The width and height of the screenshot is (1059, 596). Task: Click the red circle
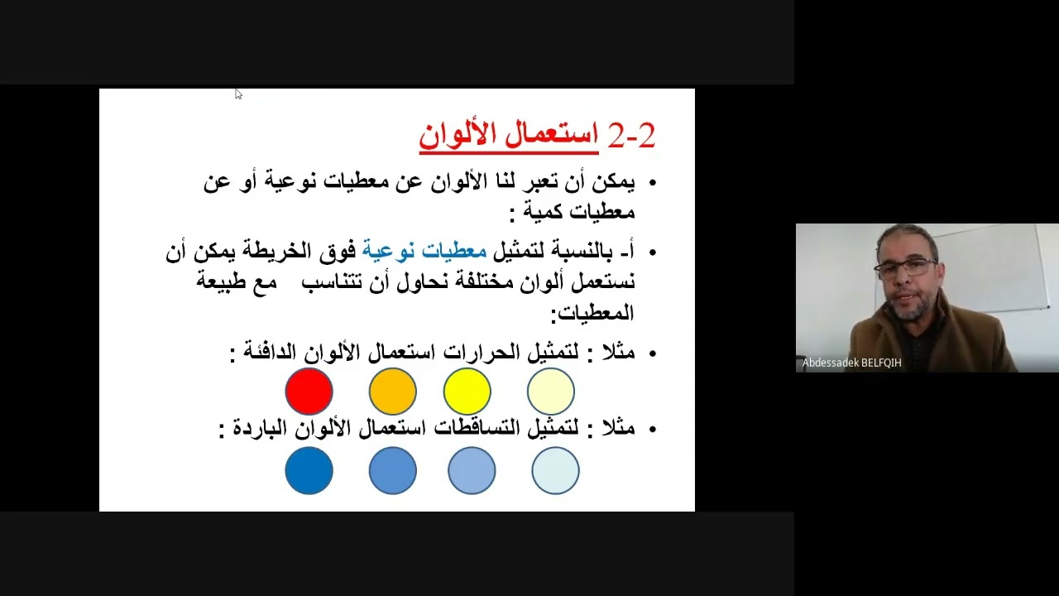[309, 392]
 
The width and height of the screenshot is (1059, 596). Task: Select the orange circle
[392, 392]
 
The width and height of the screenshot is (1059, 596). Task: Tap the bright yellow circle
[467, 392]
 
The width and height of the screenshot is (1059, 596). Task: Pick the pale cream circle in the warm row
[550, 392]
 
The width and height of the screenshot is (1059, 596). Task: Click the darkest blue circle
[309, 470]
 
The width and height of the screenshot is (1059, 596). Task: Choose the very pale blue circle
[555, 470]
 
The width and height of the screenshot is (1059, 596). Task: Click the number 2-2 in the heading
[631, 136]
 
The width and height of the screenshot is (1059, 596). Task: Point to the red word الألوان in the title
[456, 135]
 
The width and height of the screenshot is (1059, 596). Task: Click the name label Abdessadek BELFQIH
[851, 363]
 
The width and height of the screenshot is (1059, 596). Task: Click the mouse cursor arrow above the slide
[237, 94]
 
